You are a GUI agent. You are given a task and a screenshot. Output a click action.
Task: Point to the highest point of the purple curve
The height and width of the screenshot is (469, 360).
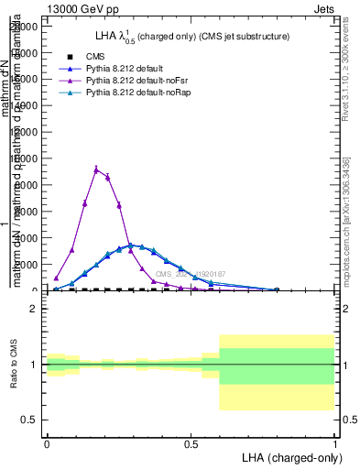96,169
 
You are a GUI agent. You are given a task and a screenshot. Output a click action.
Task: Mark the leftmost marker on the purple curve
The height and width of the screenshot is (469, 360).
56,278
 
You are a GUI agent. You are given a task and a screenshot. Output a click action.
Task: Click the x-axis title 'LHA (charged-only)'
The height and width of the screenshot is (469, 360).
288,456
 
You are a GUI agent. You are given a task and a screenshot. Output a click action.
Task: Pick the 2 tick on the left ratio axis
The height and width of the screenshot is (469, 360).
34,310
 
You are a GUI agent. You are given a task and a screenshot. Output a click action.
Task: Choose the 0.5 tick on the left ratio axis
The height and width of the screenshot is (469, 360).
29,420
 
